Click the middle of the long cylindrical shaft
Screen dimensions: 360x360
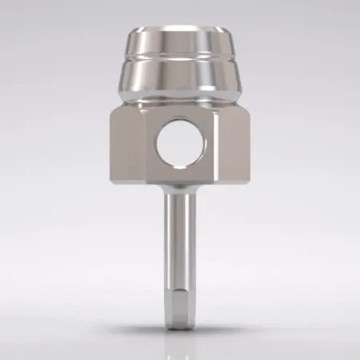[180, 240]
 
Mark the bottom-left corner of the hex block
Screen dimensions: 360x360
[110, 179]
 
